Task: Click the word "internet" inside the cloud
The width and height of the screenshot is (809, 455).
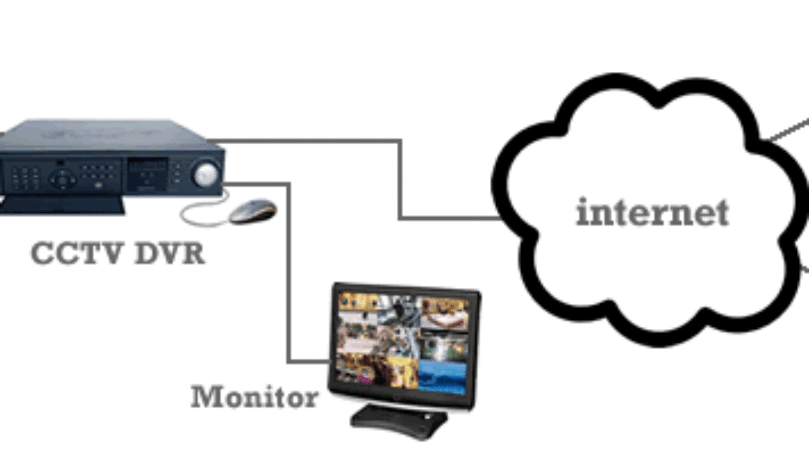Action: pyautogui.click(x=652, y=214)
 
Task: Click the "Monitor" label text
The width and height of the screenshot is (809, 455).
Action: pyautogui.click(x=253, y=396)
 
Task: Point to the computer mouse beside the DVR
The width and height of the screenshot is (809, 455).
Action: pyautogui.click(x=253, y=211)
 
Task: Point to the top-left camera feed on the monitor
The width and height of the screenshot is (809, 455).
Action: pyautogui.click(x=357, y=304)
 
